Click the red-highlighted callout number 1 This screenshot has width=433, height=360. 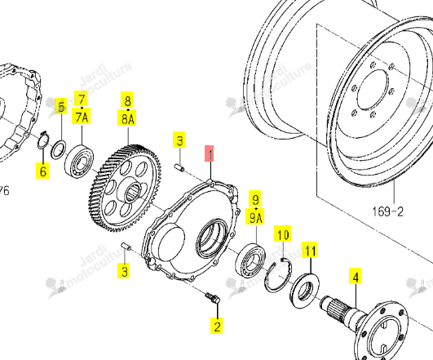210,153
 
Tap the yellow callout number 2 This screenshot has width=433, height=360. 217,326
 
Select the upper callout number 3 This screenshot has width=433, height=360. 179,140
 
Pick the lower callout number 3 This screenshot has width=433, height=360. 124,270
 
